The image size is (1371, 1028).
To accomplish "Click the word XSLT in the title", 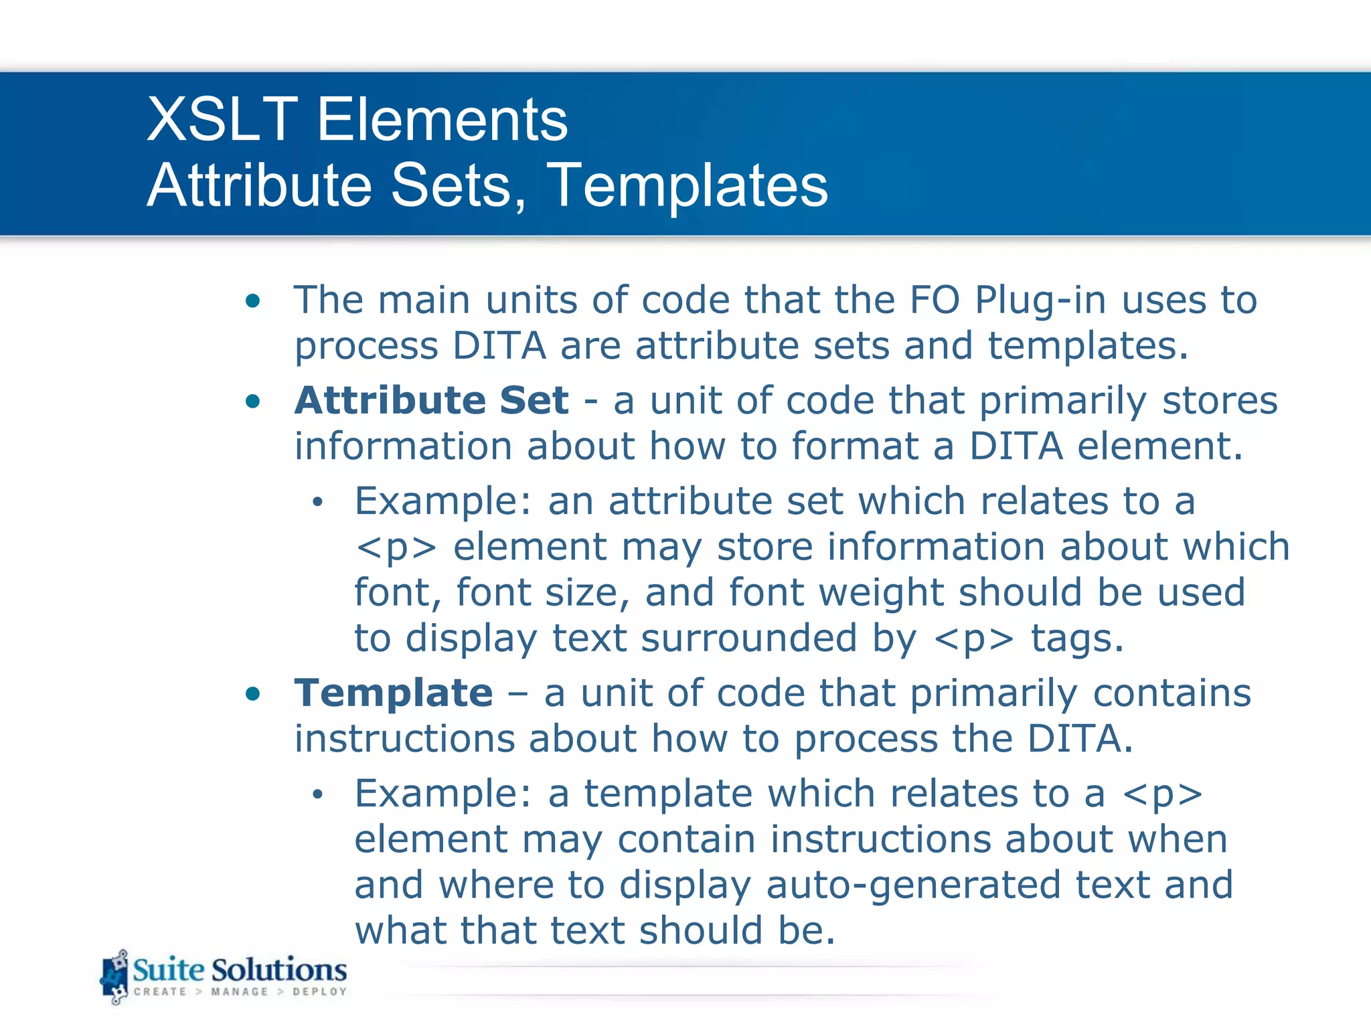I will click(x=222, y=120).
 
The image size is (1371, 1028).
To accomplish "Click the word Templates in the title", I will click(x=688, y=185).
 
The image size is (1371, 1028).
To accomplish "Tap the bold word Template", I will click(x=394, y=693).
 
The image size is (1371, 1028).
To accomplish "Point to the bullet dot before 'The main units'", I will click(x=252, y=301).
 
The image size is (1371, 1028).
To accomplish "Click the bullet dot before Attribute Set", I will click(x=252, y=402).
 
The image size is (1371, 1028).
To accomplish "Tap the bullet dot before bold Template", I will click(x=252, y=694).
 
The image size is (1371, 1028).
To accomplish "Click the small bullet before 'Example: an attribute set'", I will click(x=317, y=502).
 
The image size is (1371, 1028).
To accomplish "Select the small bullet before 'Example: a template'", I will click(x=317, y=794).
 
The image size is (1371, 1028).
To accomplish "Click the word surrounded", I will click(x=748, y=638).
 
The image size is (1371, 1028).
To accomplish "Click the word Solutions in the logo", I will click(x=279, y=970).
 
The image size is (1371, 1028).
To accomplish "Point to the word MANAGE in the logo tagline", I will click(x=239, y=992).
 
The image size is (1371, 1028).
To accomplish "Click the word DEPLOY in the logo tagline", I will click(x=319, y=992).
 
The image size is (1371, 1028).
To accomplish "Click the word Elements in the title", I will click(x=442, y=120).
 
